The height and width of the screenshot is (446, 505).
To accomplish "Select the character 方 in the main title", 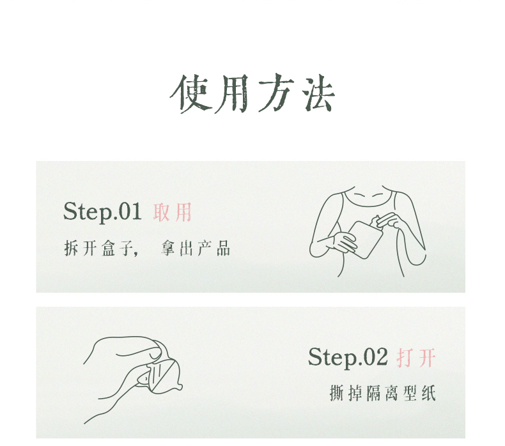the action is pyautogui.click(x=276, y=93).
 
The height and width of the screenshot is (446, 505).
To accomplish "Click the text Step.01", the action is pyautogui.click(x=102, y=212).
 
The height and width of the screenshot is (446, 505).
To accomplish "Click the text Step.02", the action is pyautogui.click(x=348, y=357).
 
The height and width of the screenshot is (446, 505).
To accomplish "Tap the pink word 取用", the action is pyautogui.click(x=173, y=212).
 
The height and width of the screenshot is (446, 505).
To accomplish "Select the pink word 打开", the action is pyautogui.click(x=416, y=357).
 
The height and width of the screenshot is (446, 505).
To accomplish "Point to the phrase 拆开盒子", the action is pyautogui.click(x=98, y=249).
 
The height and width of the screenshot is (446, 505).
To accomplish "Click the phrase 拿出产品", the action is pyautogui.click(x=196, y=249).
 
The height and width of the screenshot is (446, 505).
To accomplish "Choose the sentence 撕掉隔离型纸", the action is pyautogui.click(x=383, y=393).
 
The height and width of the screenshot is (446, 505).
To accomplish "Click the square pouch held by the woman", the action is pyautogui.click(x=365, y=239).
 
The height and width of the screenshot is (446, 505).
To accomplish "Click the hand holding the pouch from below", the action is pyautogui.click(x=344, y=242).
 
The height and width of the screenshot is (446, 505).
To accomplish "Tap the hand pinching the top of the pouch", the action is pyautogui.click(x=391, y=220).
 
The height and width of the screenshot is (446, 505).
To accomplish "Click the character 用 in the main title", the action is pyautogui.click(x=232, y=93).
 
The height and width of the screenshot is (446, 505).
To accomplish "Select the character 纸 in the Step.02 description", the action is pyautogui.click(x=428, y=393).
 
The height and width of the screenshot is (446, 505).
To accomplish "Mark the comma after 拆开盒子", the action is pyautogui.click(x=136, y=254).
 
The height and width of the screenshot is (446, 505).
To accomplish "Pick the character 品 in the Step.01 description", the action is pyautogui.click(x=223, y=249).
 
